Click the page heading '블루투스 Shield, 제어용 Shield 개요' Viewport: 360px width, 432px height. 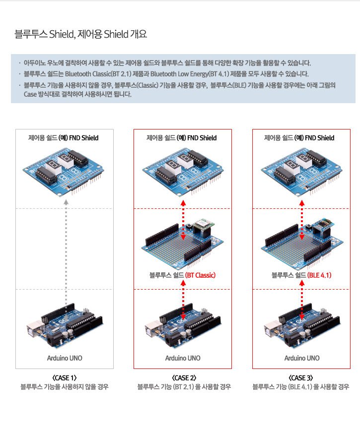tap(80, 34)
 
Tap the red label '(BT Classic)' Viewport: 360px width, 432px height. tap(200, 275)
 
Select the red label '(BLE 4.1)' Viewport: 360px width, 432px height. tap(319, 275)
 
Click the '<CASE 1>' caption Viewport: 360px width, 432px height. tap(64, 378)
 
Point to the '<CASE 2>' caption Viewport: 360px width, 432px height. tap(184, 378)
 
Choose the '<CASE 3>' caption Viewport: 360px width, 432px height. tap(301, 378)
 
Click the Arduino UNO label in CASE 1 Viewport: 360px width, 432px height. tap(65, 358)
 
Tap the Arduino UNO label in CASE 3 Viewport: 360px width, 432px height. tap(302, 358)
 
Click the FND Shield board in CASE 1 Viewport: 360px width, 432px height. tap(64, 172)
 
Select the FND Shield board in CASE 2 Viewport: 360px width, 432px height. tap(183, 172)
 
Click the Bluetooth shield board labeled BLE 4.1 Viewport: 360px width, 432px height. tap(302, 245)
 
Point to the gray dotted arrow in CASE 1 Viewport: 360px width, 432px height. tap(66, 252)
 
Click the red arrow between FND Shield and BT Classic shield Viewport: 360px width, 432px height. tap(183, 220)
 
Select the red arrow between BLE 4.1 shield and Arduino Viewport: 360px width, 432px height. tap(302, 300)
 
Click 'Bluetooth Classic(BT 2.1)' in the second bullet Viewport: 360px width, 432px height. tap(98, 74)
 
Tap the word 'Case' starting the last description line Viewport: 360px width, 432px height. tap(30, 94)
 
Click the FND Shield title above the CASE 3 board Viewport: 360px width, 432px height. tap(299, 138)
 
